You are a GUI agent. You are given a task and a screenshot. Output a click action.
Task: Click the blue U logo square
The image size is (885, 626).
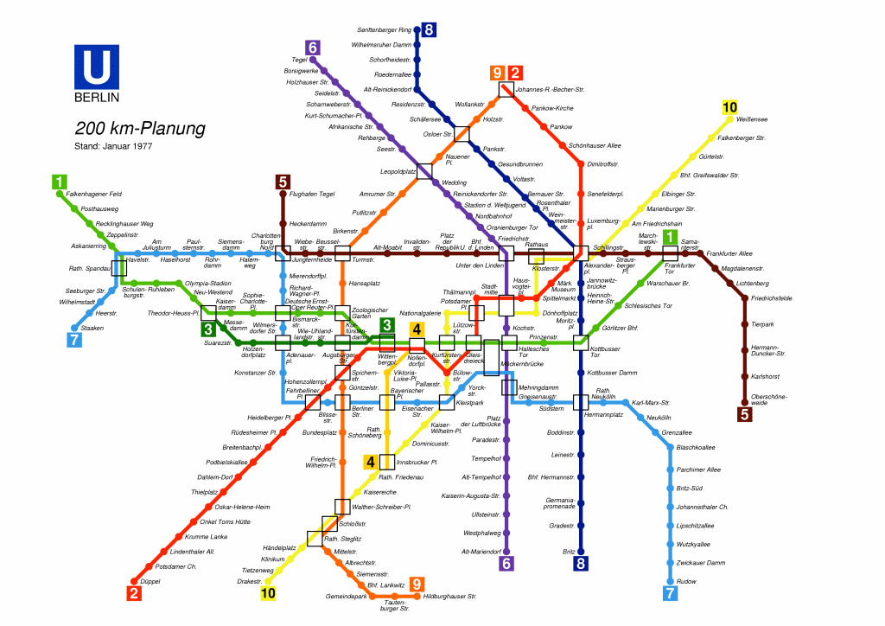(x=97, y=67)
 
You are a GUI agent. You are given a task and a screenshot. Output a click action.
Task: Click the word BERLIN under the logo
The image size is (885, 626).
(x=97, y=96)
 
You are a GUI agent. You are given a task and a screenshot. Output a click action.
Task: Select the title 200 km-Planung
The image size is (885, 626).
(x=140, y=129)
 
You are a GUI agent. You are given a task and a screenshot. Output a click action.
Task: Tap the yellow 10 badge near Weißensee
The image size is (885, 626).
(x=730, y=107)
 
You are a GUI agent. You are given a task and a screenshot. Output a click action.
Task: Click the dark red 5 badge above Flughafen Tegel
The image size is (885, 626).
(x=283, y=182)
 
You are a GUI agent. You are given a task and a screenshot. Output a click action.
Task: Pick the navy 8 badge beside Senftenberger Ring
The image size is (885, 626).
(x=429, y=30)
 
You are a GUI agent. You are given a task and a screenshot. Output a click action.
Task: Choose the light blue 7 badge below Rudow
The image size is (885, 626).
(x=670, y=593)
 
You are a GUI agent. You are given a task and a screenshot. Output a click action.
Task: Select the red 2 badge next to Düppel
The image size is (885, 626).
(x=133, y=593)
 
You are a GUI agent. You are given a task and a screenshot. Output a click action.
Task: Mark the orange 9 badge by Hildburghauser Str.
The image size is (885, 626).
(x=417, y=584)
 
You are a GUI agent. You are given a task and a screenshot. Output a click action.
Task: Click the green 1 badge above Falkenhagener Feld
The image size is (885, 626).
(x=59, y=182)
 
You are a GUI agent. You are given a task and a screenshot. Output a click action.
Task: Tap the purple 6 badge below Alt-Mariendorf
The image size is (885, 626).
(x=506, y=564)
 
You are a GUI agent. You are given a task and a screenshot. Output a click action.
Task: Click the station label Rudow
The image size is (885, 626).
(x=687, y=581)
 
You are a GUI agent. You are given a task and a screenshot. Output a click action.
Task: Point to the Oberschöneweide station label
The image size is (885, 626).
(x=769, y=399)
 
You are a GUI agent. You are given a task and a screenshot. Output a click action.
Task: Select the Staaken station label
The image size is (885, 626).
(x=92, y=328)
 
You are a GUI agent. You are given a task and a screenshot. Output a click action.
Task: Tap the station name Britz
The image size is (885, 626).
(x=569, y=551)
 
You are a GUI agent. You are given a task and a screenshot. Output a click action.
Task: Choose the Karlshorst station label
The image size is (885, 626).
(x=766, y=376)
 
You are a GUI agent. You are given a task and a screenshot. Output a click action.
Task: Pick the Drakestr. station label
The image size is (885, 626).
(x=249, y=582)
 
